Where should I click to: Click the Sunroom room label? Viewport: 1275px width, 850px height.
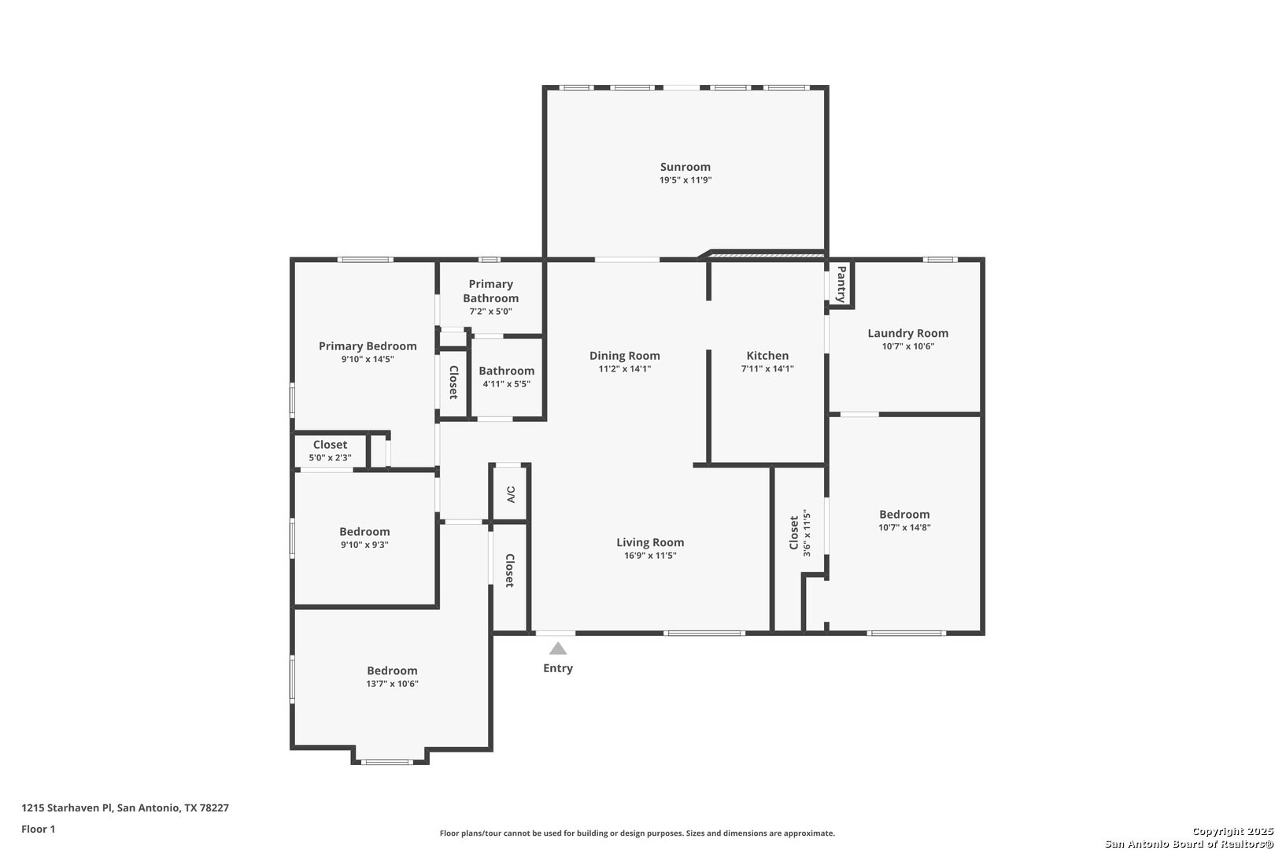[686, 167]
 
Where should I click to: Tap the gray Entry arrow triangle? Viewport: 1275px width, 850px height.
[558, 649]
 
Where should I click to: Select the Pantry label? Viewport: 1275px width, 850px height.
[841, 284]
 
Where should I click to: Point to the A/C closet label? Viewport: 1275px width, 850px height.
[511, 494]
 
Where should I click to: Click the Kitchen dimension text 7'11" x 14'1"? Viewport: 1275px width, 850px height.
[767, 368]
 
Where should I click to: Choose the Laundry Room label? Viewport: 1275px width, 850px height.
[908, 333]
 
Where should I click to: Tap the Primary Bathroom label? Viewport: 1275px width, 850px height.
[490, 291]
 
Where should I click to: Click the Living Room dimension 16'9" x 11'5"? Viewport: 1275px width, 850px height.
[650, 555]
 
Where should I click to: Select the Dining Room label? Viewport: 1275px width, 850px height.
[624, 356]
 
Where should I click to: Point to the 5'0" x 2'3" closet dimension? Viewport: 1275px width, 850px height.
[330, 458]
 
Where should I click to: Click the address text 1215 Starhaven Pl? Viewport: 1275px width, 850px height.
[67, 807]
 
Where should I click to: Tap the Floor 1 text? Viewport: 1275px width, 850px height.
[38, 829]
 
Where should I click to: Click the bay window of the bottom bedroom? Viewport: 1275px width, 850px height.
[387, 762]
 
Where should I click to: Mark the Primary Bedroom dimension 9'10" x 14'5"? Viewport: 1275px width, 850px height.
[367, 359]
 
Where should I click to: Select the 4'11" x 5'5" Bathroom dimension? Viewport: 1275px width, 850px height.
[507, 384]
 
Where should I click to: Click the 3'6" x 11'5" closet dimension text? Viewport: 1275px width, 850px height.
[807, 533]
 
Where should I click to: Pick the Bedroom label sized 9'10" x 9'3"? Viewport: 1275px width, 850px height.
[364, 532]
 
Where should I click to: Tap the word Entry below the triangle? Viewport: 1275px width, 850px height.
[558, 668]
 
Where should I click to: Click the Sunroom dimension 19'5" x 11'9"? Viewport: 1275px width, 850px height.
[686, 180]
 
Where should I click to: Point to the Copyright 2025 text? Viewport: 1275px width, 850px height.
[1232, 831]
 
